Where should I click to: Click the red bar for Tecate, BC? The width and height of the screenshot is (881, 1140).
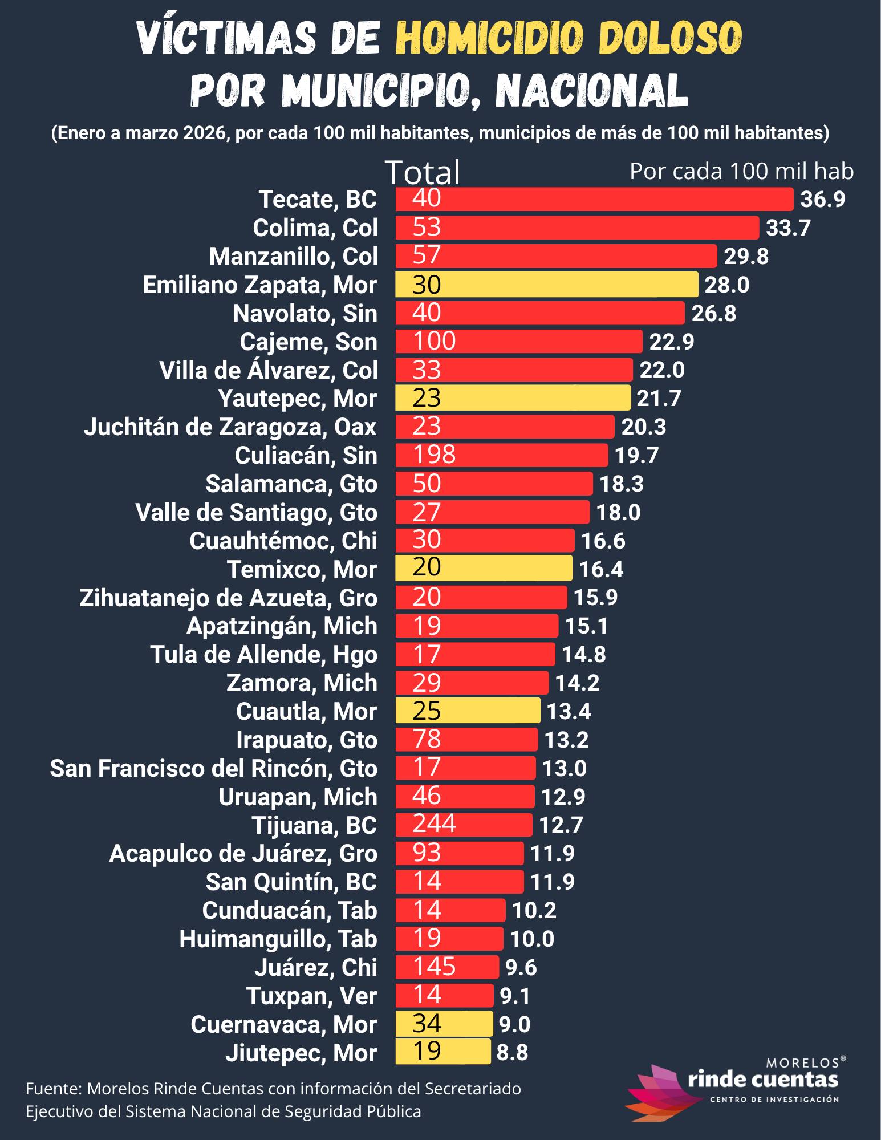click(594, 199)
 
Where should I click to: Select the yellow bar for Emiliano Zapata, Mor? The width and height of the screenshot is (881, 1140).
click(546, 284)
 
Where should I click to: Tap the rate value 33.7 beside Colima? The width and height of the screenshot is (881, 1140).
click(788, 228)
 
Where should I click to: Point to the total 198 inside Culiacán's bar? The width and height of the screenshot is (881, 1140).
click(434, 455)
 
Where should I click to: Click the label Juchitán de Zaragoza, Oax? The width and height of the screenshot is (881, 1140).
click(231, 427)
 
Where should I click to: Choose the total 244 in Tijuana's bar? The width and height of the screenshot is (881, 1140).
click(434, 823)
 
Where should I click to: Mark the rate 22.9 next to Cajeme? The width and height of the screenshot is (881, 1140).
click(672, 342)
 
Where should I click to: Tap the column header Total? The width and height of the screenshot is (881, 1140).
click(423, 172)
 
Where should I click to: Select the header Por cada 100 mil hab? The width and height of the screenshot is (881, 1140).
click(741, 171)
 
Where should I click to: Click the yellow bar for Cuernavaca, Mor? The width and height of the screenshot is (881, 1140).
click(444, 1024)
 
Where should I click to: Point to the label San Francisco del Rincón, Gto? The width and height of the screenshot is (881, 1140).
click(214, 768)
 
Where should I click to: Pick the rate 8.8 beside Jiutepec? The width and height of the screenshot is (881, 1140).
click(512, 1052)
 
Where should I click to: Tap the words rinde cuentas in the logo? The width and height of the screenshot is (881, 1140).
click(764, 1079)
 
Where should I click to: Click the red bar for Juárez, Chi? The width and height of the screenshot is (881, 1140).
click(447, 967)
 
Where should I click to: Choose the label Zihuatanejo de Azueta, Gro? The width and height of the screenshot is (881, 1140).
click(228, 598)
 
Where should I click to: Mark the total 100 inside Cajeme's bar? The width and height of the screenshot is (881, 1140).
click(434, 341)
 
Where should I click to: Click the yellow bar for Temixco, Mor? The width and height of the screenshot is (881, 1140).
click(484, 568)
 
